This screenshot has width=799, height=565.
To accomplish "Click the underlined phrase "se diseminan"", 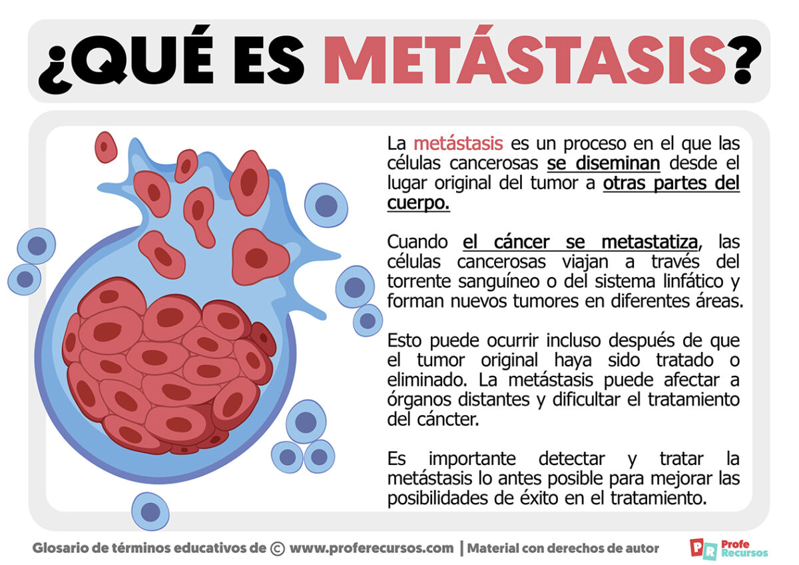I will (x=603, y=163).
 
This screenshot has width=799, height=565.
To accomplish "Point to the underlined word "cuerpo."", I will (x=418, y=203).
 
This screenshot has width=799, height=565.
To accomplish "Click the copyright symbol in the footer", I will (x=278, y=548).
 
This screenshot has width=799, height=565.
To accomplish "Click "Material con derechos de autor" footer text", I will (x=563, y=548).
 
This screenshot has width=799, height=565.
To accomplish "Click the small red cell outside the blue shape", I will (x=106, y=147).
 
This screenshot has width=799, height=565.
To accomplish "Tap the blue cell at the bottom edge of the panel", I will (x=150, y=512).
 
